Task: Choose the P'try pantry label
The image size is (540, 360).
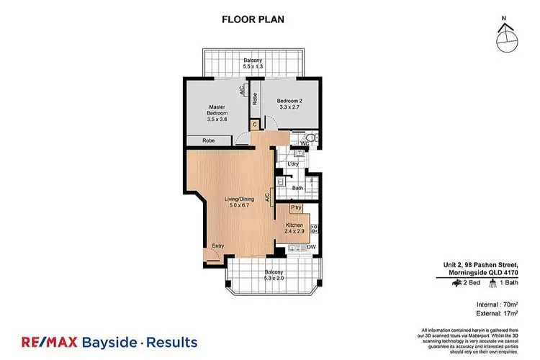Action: click(x=295, y=208)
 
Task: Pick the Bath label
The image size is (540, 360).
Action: click(x=296, y=189)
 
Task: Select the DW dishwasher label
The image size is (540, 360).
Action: click(x=312, y=248)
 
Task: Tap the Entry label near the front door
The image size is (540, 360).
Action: click(x=217, y=246)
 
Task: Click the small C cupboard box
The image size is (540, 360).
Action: click(x=254, y=124)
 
